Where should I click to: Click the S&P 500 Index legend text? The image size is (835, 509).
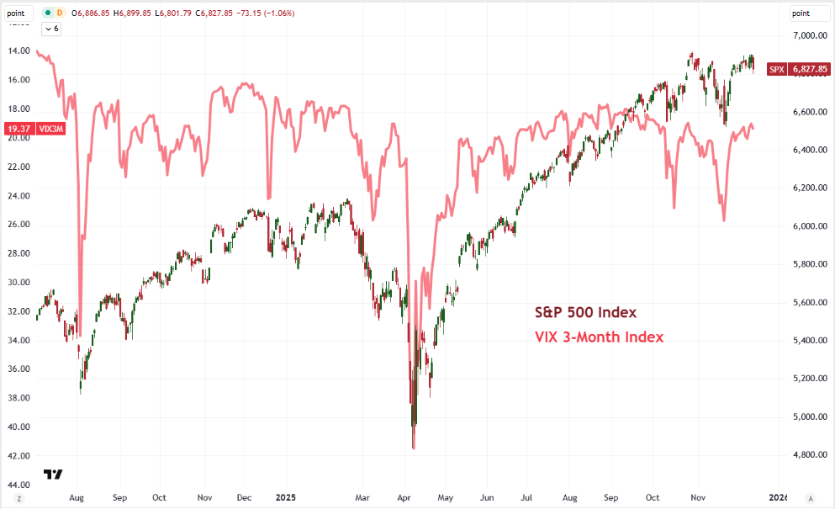[x=586, y=313]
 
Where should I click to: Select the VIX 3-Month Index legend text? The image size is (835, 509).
[x=600, y=337]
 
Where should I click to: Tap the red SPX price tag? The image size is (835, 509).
[x=776, y=68]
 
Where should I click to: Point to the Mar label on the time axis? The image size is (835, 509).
[x=362, y=498]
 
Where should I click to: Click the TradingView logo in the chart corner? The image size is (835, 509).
[x=53, y=475]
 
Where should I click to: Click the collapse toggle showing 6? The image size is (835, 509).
[x=52, y=29]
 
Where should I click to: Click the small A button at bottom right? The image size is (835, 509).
[x=811, y=498]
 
